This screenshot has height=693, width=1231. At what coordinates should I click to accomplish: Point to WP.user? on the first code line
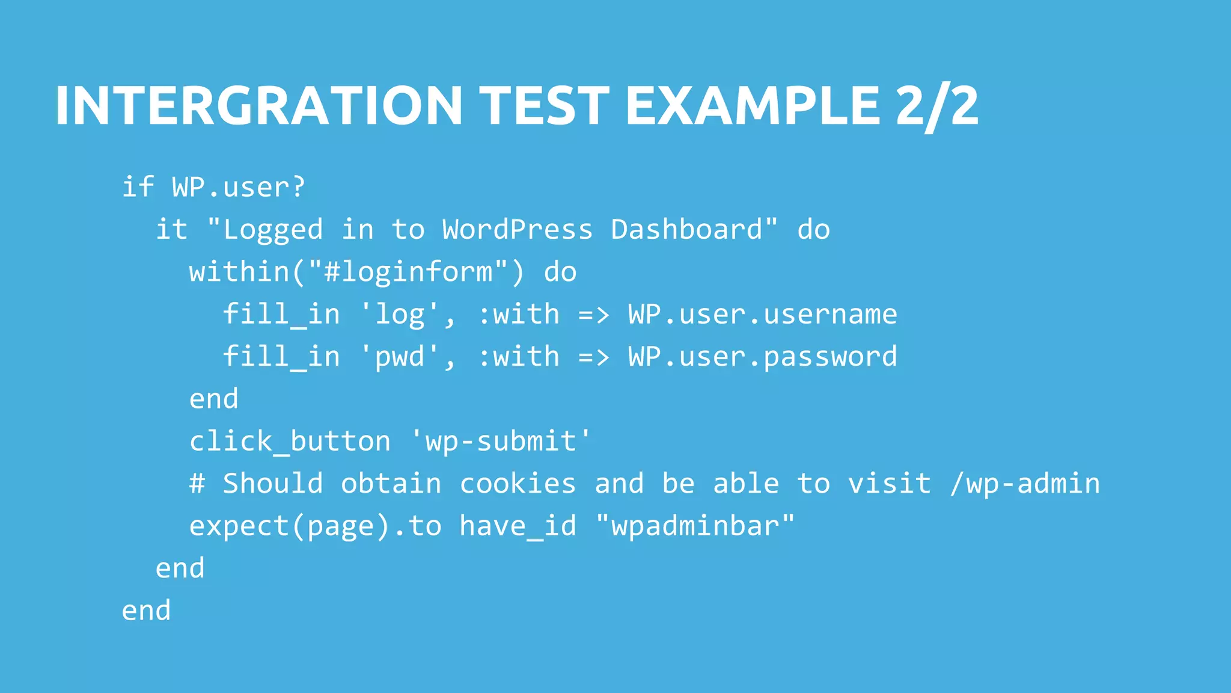[x=239, y=188]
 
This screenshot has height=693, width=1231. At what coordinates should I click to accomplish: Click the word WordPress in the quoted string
[x=518, y=230]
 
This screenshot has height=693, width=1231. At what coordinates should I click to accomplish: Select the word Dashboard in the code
[x=686, y=230]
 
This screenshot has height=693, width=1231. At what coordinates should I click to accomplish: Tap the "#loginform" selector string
[x=408, y=272]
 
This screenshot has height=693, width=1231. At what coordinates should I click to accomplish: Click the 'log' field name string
[x=400, y=315]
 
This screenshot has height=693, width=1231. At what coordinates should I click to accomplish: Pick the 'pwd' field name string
[x=400, y=357]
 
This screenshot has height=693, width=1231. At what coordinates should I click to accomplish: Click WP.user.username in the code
[x=762, y=315]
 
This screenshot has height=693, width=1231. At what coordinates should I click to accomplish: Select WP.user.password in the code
[x=762, y=357]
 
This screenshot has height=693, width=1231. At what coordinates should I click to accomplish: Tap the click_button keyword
[x=290, y=442]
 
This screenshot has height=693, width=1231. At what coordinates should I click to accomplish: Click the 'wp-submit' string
[x=501, y=442]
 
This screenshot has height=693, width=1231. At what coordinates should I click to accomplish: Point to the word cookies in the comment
[x=518, y=484]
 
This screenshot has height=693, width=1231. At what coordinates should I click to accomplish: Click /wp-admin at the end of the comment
[x=1025, y=484]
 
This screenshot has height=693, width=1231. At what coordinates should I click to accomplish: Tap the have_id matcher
[x=518, y=526]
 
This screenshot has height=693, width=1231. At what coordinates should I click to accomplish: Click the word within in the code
[x=239, y=272]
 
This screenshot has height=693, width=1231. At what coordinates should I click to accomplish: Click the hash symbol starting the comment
[x=197, y=484]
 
